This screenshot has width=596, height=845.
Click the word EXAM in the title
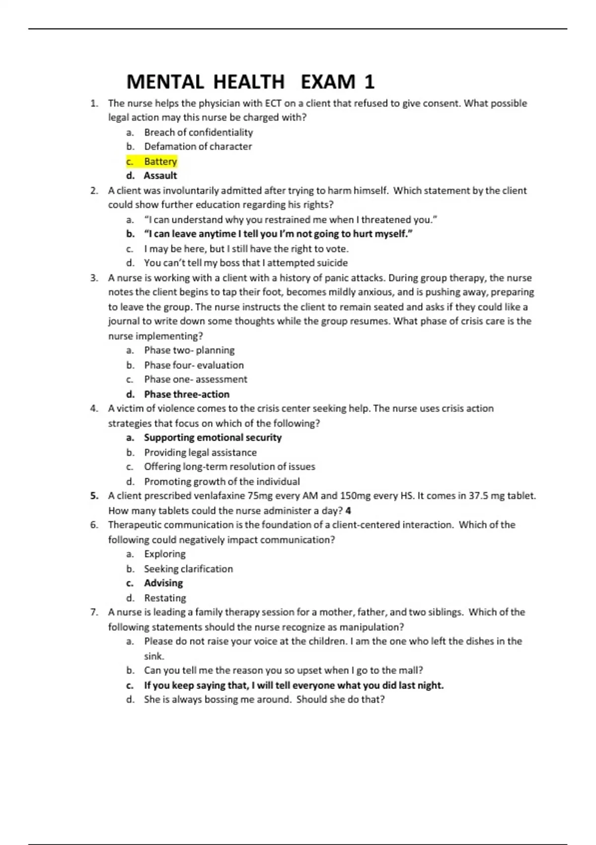click(x=328, y=82)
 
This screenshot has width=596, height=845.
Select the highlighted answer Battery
click(x=160, y=162)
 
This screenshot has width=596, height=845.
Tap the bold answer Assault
click(x=160, y=175)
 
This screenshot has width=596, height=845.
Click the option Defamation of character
click(x=198, y=147)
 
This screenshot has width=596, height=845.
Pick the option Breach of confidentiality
click(x=198, y=132)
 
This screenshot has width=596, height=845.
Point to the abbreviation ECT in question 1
click(x=273, y=103)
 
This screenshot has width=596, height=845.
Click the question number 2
click(x=94, y=190)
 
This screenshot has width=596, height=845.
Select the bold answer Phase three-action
click(x=187, y=394)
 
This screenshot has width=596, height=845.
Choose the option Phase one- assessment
click(x=195, y=379)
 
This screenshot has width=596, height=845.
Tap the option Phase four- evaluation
click(x=194, y=365)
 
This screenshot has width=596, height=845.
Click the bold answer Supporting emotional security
click(x=213, y=437)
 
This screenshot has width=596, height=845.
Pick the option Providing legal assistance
click(x=200, y=452)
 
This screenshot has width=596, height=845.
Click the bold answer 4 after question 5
click(x=349, y=510)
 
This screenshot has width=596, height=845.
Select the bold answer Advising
click(x=163, y=583)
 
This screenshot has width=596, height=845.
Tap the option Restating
click(x=165, y=598)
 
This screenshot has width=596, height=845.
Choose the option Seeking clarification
click(x=188, y=569)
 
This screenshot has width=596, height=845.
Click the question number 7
click(x=94, y=612)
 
